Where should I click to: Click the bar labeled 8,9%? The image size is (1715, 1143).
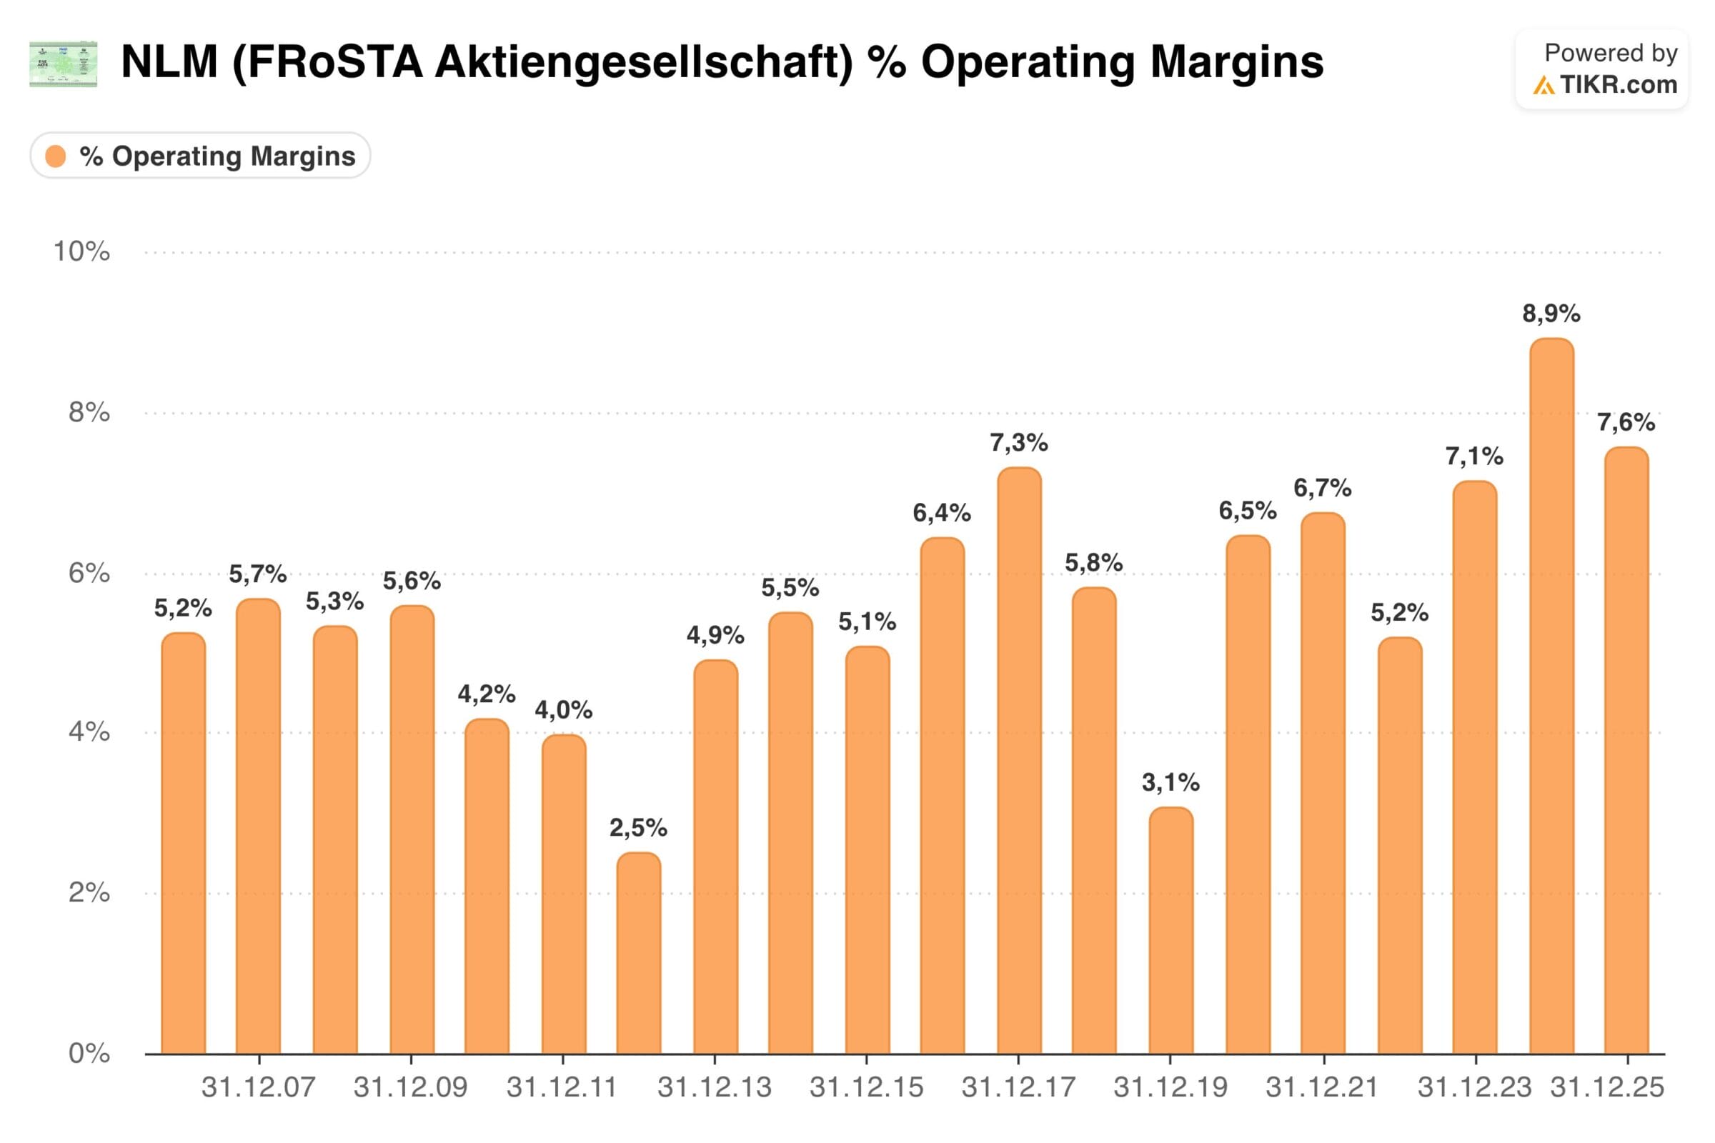coord(1551,696)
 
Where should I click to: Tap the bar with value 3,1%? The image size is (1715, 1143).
coord(1171,931)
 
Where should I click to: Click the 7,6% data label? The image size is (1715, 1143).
coord(1626,422)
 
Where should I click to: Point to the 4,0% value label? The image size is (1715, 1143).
coord(564,710)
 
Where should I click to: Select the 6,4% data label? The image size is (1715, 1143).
coord(941,513)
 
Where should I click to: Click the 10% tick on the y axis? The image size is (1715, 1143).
coord(81,251)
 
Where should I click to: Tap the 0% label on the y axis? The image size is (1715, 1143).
coord(89,1053)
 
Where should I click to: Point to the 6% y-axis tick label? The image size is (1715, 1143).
coord(89,573)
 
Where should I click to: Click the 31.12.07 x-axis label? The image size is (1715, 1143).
coord(258,1087)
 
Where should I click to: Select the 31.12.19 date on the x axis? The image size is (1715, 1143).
coord(1170,1087)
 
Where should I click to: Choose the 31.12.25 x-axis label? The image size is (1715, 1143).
coord(1607,1087)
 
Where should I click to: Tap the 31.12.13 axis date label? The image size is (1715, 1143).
coord(715,1087)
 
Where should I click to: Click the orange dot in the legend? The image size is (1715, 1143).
coord(56,156)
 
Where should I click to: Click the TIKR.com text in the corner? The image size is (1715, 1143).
coord(1618,85)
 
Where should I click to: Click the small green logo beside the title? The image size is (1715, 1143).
coord(64,64)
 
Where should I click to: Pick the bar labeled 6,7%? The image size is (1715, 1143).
coord(1323,784)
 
